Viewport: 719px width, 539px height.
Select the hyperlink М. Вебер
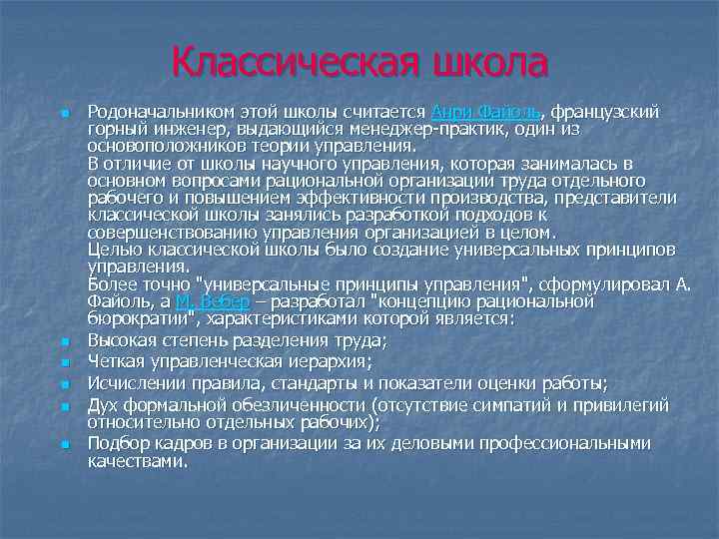click(x=212, y=300)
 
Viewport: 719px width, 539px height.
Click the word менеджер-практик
click(x=394, y=129)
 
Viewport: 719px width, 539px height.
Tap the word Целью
click(x=113, y=248)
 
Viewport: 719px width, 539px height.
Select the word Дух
click(x=103, y=404)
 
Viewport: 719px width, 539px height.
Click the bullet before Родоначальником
click(x=63, y=113)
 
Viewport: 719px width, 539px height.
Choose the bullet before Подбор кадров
click(x=63, y=445)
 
